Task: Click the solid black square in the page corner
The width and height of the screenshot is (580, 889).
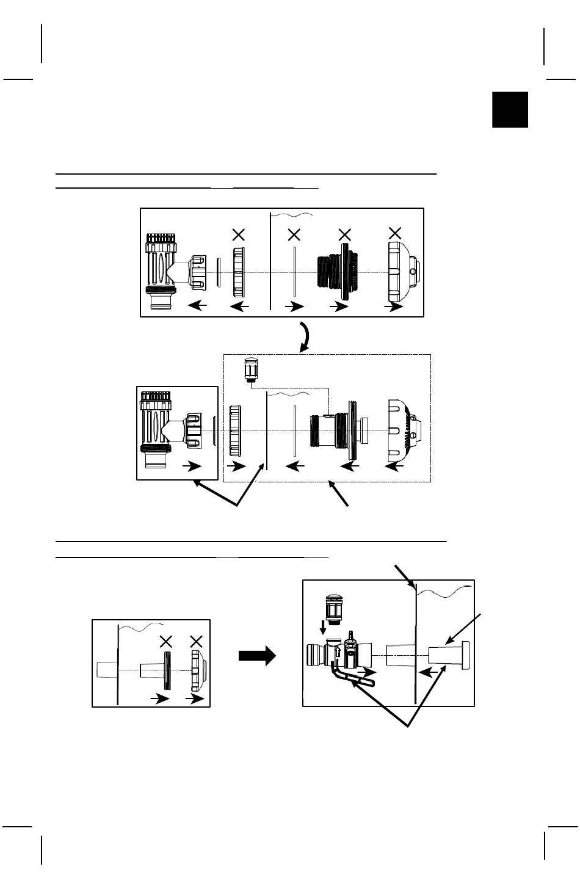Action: [x=510, y=110]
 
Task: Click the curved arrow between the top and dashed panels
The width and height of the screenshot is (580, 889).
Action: [x=305, y=335]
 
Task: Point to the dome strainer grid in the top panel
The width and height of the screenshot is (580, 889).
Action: [x=402, y=270]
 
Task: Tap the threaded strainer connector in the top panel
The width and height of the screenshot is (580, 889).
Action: [x=335, y=272]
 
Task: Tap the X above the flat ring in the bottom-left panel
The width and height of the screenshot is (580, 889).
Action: [x=165, y=641]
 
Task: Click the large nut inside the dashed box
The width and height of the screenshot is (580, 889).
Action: [x=236, y=430]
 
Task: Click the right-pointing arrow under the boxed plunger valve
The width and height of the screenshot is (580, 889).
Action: [x=192, y=466]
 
